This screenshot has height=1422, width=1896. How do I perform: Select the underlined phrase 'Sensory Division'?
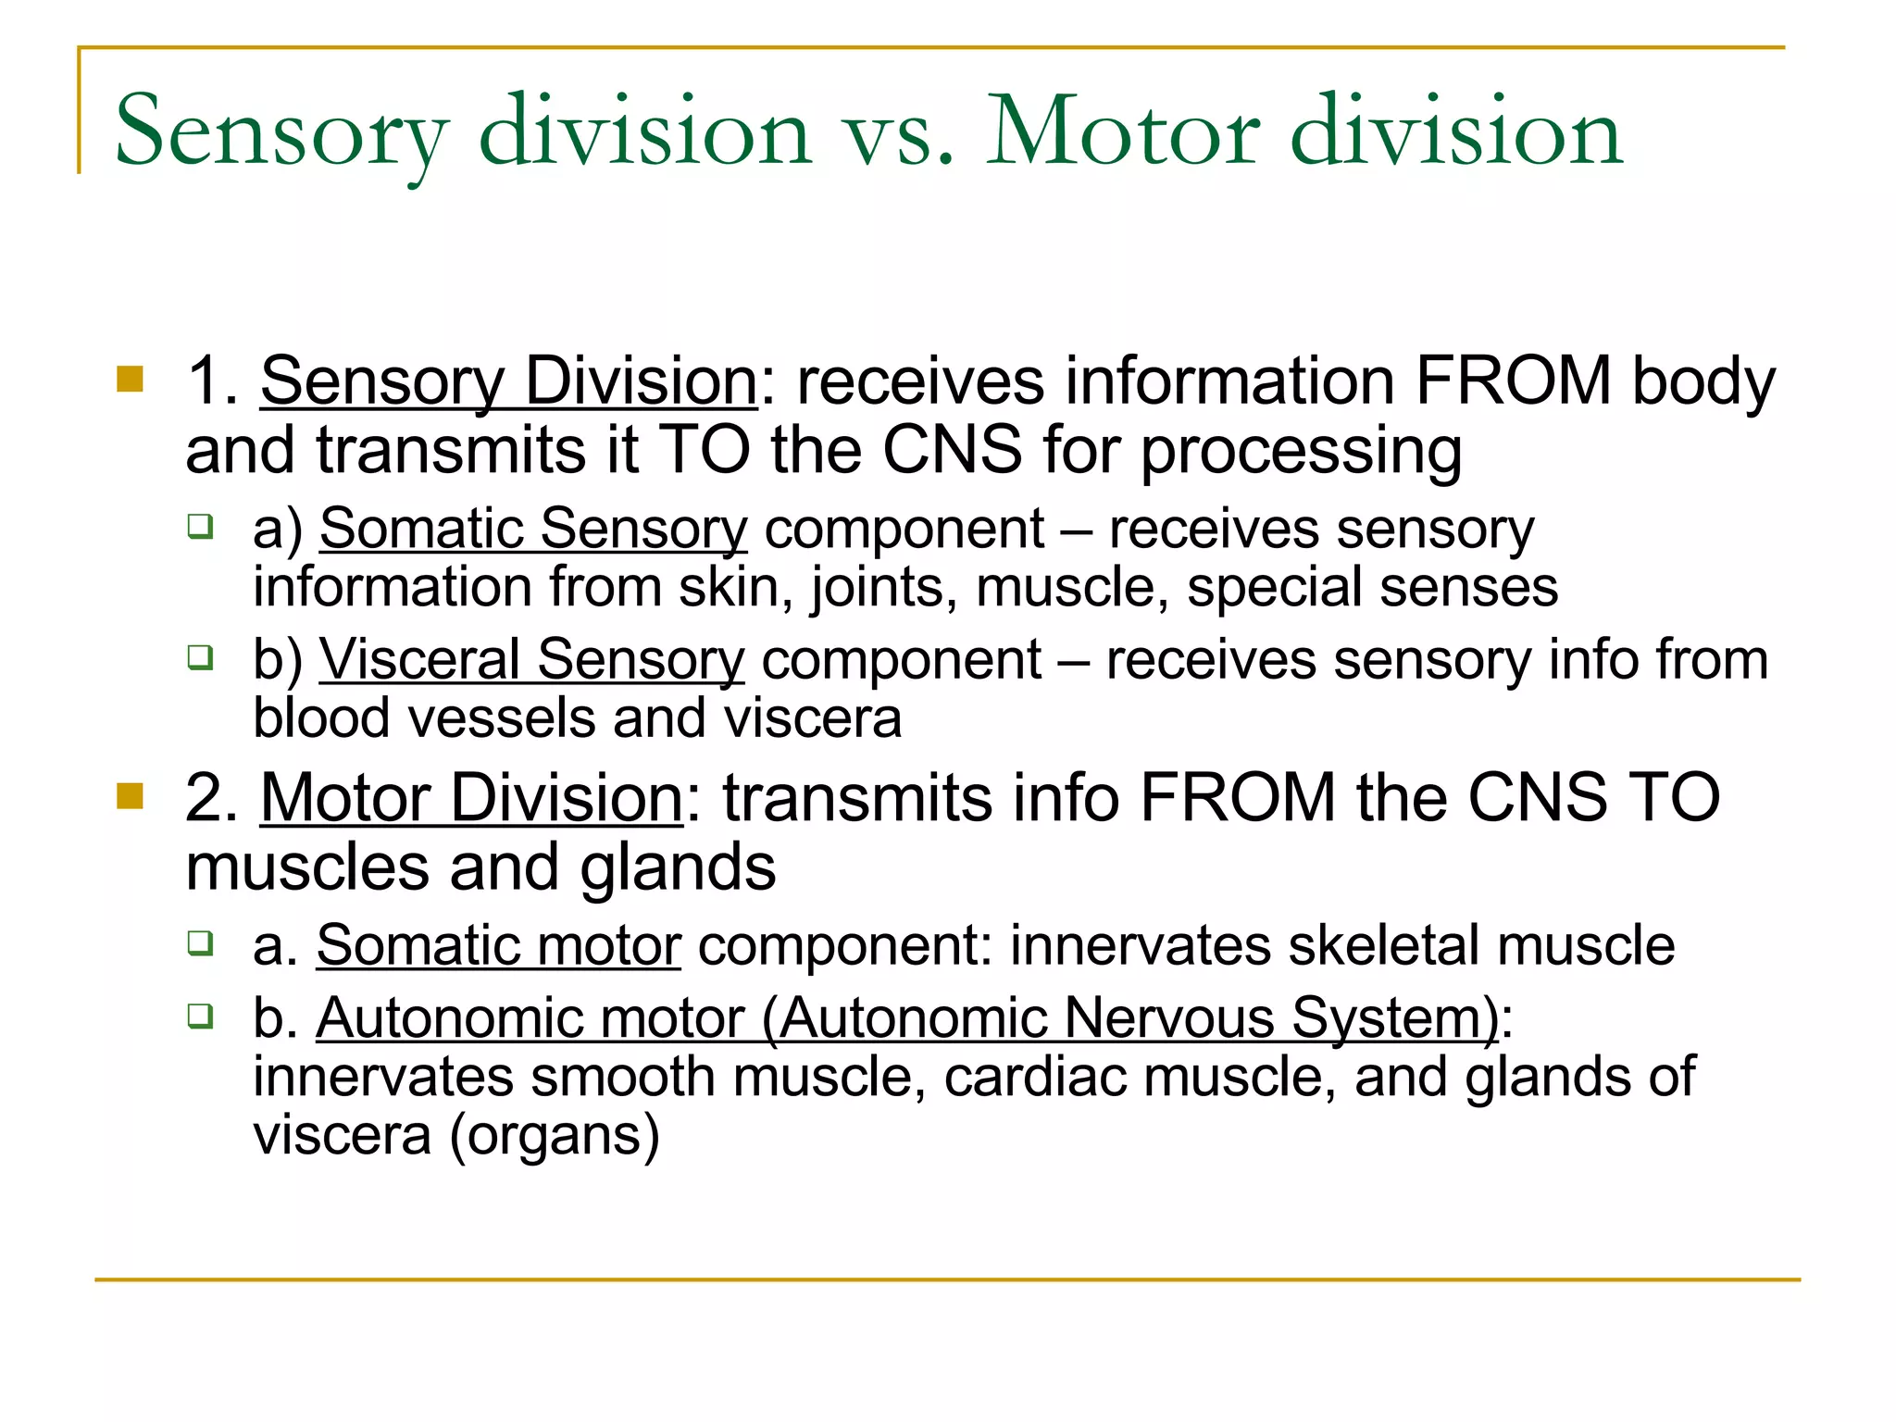[x=508, y=381]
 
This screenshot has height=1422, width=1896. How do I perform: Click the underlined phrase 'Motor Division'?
[x=471, y=798]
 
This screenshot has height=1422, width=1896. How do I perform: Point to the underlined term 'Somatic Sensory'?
[x=532, y=530]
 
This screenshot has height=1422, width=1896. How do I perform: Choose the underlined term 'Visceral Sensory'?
[x=531, y=660]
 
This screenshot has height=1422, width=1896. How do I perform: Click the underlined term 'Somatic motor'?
[x=498, y=946]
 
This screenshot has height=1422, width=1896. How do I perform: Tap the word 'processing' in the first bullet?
[x=1301, y=452]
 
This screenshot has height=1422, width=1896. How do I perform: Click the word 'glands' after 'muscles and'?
[x=678, y=868]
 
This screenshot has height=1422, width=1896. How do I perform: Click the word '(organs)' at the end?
[x=554, y=1136]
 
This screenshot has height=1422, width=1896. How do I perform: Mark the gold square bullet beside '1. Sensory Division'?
[x=131, y=380]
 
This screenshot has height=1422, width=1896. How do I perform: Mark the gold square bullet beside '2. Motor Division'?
[x=131, y=796]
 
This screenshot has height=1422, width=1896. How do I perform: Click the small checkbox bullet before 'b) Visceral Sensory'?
[x=200, y=657]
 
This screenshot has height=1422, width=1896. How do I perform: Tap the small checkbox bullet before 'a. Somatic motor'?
[x=200, y=943]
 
